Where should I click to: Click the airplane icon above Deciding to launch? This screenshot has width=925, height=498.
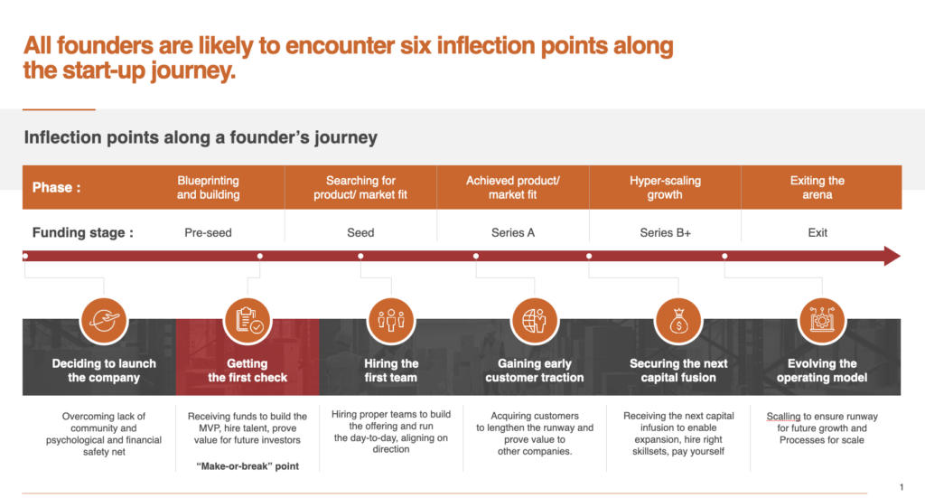coord(104,321)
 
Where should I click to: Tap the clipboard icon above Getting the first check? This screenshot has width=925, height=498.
coord(248,321)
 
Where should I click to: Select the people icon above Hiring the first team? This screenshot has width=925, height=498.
coord(391,321)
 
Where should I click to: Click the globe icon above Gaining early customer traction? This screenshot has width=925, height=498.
coord(535,321)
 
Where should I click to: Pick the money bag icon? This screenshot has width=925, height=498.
coord(678,321)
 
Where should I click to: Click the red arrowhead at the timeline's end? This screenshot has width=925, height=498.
coord(892,256)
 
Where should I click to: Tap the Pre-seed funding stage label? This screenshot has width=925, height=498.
coord(209,232)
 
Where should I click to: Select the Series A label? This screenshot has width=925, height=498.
coord(513,232)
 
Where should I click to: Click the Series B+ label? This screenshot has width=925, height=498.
coord(665,232)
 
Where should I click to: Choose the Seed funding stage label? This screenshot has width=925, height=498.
coord(360,232)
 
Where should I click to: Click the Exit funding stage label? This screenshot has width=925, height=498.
coord(817,232)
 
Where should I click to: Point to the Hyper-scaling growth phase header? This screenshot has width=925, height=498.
coord(665,188)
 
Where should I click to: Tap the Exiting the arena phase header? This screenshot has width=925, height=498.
coord(817,188)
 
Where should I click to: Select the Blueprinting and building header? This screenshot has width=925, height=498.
coord(209,188)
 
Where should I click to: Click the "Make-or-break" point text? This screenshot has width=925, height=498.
coord(248,466)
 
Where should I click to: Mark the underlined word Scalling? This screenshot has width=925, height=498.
coord(783,417)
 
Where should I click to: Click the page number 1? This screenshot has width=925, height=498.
coord(902,487)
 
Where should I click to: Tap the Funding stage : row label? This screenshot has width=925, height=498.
coord(82,232)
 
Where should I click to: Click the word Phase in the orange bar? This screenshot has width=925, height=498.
coord(51,188)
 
